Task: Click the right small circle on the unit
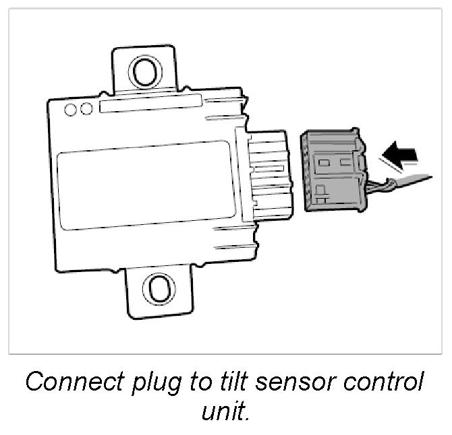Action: (86, 109)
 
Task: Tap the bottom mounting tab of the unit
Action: (159, 291)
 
